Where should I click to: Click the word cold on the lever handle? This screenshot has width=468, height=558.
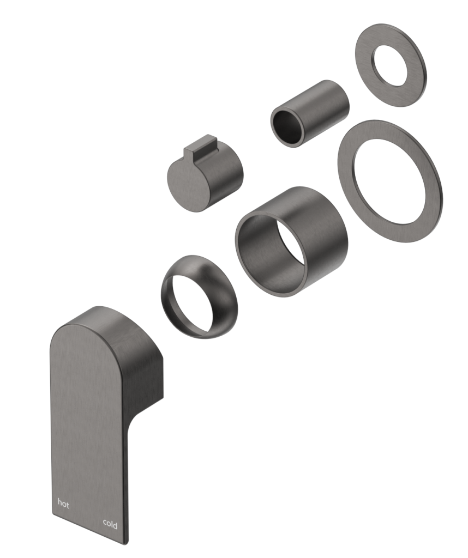(x=110, y=524)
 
